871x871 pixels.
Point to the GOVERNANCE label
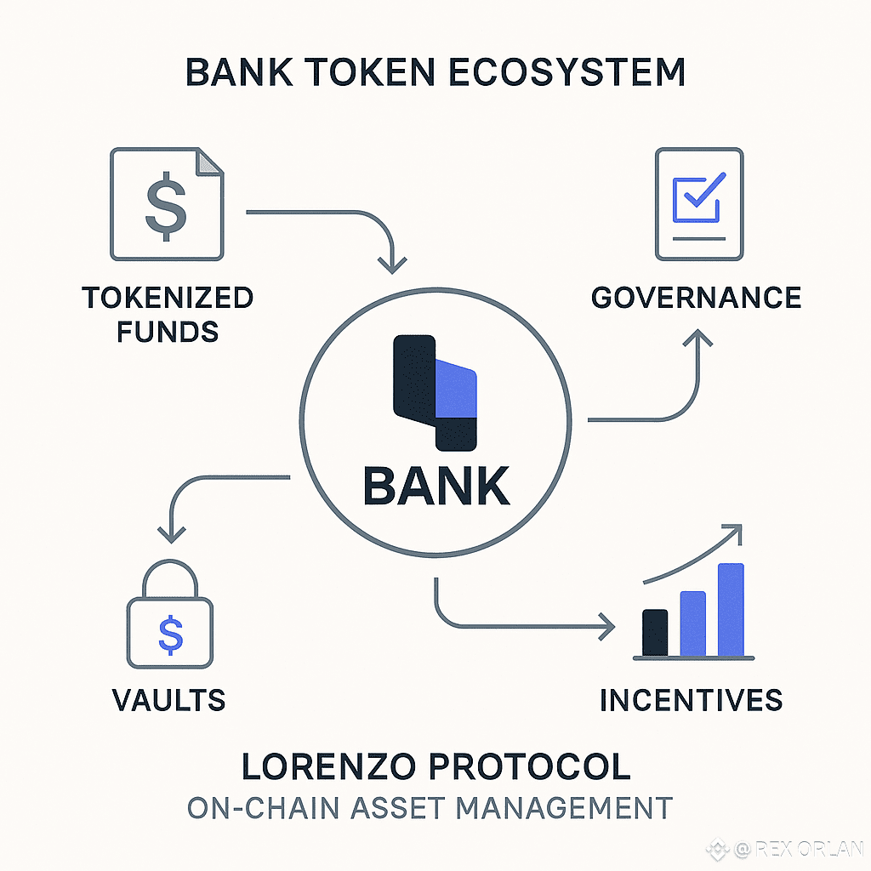pos(696,297)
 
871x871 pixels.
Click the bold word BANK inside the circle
pos(436,487)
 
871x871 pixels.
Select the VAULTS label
pos(168,699)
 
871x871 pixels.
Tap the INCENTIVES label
pos(691,700)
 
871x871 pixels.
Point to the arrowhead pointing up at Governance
pos(699,339)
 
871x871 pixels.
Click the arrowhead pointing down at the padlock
pos(173,535)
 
